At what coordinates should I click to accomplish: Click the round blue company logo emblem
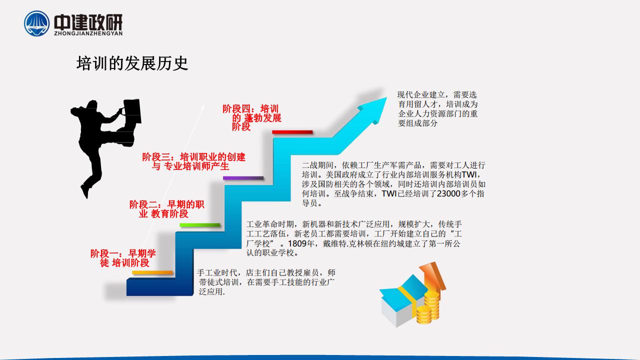[x=36, y=23]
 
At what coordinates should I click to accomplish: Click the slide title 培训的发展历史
[x=132, y=63]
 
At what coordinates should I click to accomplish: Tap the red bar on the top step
[x=292, y=132]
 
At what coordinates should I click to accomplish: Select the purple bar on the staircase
[x=243, y=178]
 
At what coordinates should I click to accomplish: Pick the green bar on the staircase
[x=199, y=225]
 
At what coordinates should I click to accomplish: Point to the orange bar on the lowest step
[x=152, y=272]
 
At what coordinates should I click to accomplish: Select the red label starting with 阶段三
[x=193, y=161]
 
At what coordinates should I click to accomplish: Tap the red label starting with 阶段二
[x=167, y=209]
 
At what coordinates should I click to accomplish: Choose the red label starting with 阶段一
[x=123, y=258]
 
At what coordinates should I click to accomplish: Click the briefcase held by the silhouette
[x=132, y=111]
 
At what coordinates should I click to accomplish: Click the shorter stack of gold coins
[x=423, y=314]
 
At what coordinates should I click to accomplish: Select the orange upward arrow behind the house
[x=433, y=276]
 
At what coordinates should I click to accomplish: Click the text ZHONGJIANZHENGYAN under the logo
[x=88, y=33]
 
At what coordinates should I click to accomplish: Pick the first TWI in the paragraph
[x=469, y=174]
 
